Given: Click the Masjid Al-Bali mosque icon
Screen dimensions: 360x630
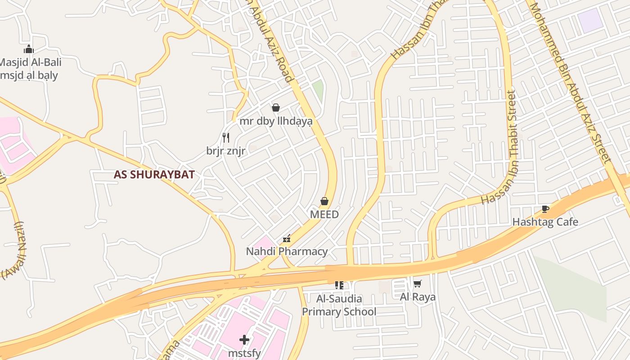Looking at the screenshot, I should coord(29,49).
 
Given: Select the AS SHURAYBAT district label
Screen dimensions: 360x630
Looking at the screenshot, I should coord(154,175).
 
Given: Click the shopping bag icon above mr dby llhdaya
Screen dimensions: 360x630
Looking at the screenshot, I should coord(276,108).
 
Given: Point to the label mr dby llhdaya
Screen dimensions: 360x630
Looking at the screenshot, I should coord(276,121).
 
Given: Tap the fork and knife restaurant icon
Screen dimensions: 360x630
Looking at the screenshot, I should coord(226,137).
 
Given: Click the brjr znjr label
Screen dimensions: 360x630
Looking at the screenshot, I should coord(226,151).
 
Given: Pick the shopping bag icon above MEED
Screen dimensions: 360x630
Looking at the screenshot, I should coord(324,201).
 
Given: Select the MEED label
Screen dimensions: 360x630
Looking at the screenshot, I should coord(324,215).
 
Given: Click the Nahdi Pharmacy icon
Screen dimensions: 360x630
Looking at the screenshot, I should coord(287,238).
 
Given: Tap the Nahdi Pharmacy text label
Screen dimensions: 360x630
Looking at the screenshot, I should coord(287,252).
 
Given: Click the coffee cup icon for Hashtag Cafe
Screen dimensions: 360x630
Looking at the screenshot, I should coord(545,209).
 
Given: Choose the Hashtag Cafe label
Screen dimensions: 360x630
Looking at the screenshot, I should coord(545,222).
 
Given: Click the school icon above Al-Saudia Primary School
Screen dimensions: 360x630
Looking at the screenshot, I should coord(339,285).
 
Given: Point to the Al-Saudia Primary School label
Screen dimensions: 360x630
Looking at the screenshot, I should coord(339,305).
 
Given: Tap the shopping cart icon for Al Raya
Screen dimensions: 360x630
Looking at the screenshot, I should coord(418,283).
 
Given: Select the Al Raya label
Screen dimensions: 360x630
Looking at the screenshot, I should coord(418,297).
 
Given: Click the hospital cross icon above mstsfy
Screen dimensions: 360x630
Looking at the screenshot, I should coord(244,339).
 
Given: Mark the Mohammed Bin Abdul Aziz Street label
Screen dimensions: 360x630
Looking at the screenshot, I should coord(570,83).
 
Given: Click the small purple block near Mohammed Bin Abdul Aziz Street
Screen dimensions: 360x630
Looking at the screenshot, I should coord(589,21).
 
